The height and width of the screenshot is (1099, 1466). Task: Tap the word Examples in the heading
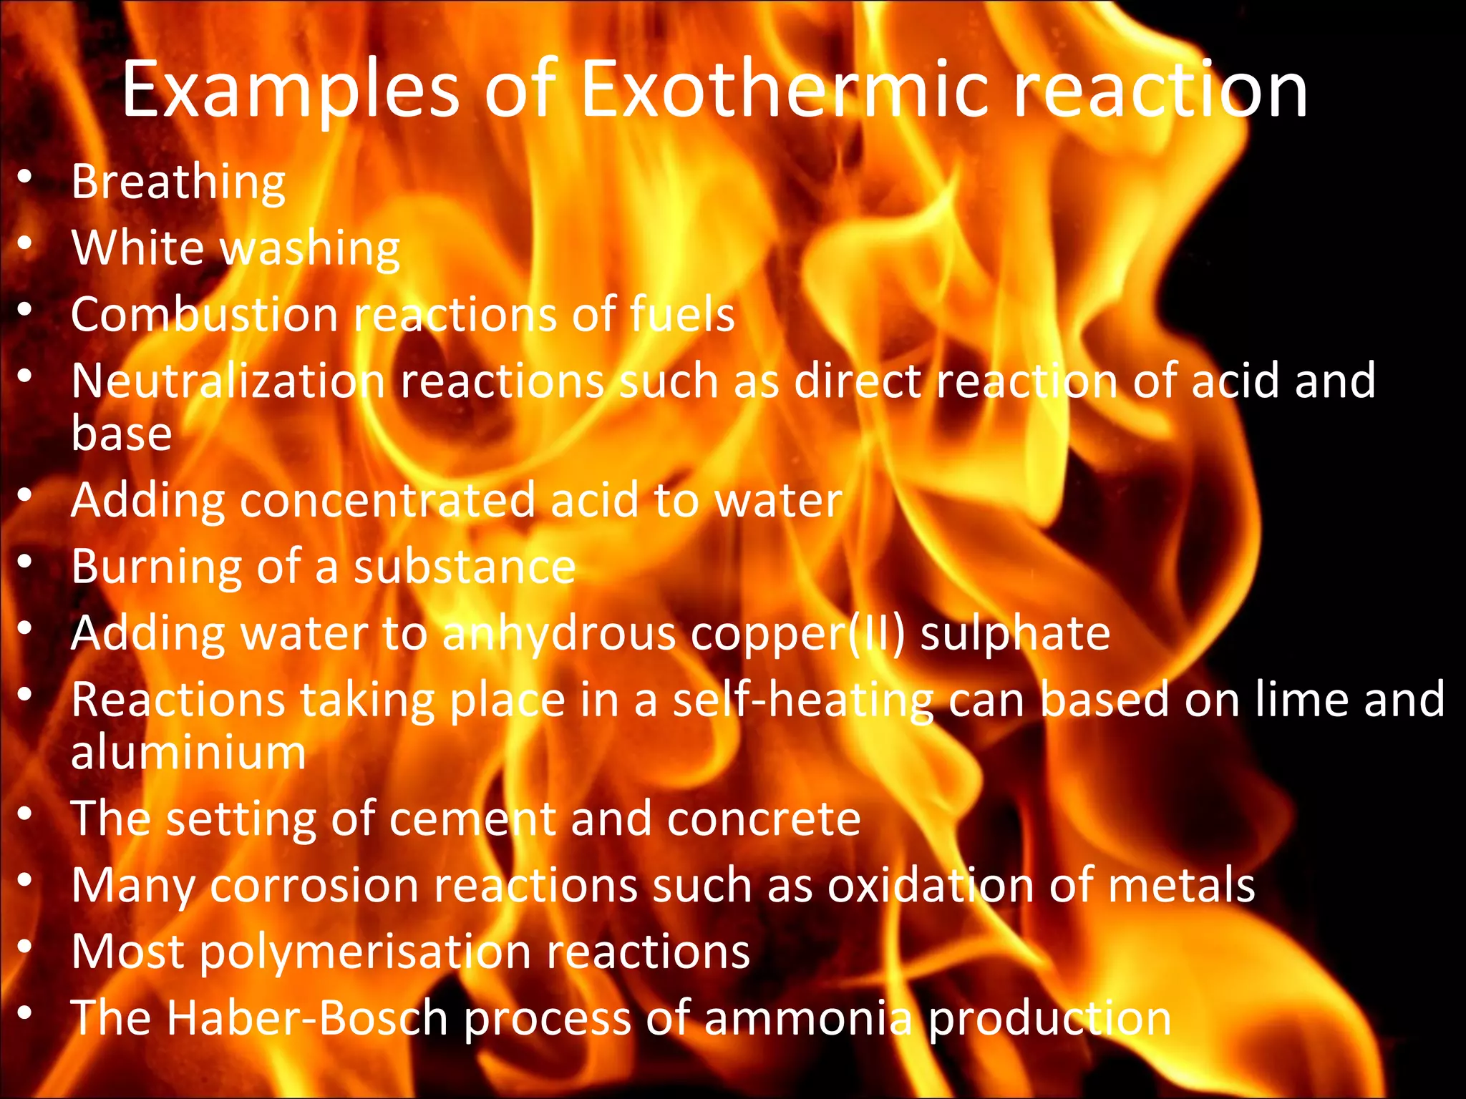[x=291, y=91]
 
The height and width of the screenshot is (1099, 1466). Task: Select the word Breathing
[x=178, y=183]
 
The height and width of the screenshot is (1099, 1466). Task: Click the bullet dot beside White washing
[x=26, y=245]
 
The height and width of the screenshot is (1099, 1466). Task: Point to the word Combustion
[x=204, y=315]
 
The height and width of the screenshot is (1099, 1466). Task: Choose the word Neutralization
[x=228, y=381]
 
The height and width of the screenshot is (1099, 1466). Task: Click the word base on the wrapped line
[x=122, y=434]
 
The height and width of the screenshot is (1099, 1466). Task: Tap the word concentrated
[x=387, y=500]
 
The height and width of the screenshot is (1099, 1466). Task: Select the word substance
[x=465, y=567]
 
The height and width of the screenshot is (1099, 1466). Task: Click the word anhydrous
[x=558, y=634]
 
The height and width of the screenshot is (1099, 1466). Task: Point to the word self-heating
[x=802, y=700]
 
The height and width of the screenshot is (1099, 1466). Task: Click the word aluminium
[x=188, y=753]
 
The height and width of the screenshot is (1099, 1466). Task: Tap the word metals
[x=1181, y=886]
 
